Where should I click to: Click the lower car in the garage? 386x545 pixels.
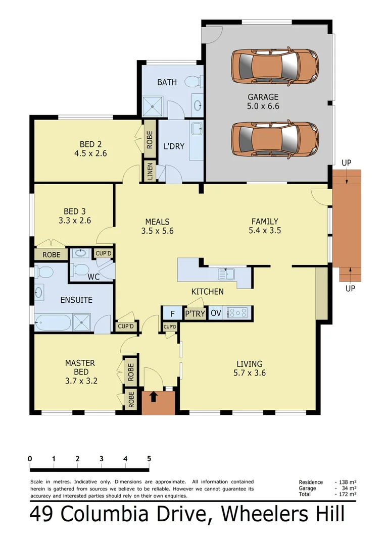(x=275, y=139)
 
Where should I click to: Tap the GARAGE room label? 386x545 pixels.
(x=263, y=97)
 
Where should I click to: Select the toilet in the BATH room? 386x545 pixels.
(x=193, y=81)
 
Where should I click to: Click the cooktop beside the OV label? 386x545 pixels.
(x=236, y=313)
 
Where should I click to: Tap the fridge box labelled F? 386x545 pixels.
(x=172, y=314)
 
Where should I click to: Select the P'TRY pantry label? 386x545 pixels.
(x=195, y=314)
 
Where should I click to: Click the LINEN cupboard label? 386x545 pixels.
(x=150, y=172)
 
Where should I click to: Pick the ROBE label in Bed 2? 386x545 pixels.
(x=150, y=140)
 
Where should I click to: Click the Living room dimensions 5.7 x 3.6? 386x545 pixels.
(x=250, y=373)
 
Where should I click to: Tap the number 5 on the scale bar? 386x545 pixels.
(x=149, y=459)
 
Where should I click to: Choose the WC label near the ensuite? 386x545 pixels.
(x=93, y=277)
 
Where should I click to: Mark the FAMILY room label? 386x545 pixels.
(x=265, y=221)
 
